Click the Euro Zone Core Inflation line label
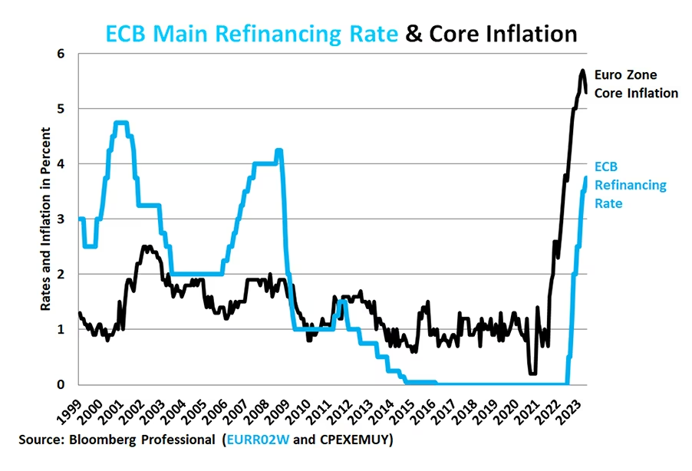636,84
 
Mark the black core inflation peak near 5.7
582,71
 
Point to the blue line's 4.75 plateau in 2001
120,123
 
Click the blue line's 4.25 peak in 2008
279,150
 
